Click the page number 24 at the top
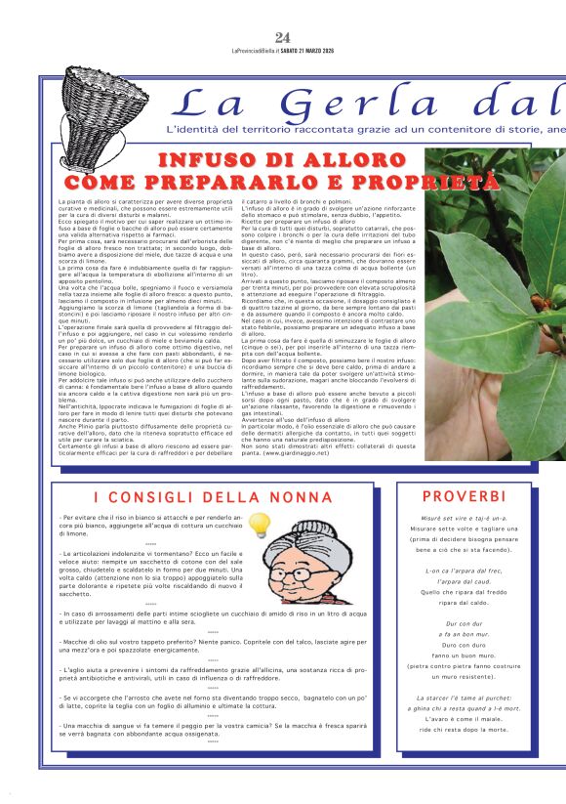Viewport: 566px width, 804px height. pos(283,38)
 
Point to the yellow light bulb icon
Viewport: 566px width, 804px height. pos(259,527)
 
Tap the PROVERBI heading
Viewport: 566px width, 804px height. pos(464,496)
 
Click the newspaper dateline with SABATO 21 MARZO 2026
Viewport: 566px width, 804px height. pos(283,51)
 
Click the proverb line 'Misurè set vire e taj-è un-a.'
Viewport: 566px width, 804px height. pos(464,520)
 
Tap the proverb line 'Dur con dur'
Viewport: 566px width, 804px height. pos(464,622)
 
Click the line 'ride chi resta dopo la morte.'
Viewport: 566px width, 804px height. pos(464,729)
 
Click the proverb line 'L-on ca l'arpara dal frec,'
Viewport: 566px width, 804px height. pos(464,571)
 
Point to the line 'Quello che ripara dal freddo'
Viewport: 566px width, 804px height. pos(464,591)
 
